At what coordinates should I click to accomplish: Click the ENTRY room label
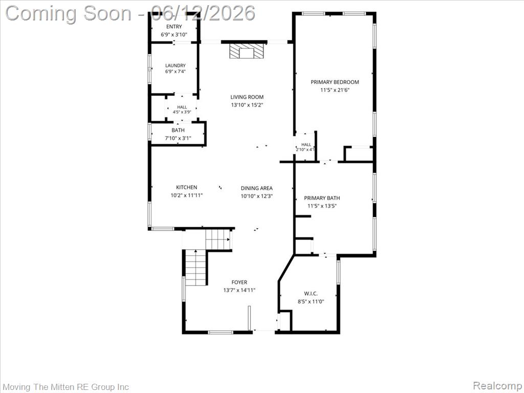(x=174, y=27)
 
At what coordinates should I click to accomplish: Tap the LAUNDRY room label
(x=175, y=65)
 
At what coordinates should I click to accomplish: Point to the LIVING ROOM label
(x=247, y=97)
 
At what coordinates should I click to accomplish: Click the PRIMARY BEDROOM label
(x=335, y=82)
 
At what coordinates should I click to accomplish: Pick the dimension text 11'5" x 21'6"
(x=335, y=90)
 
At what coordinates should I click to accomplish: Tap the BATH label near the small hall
(x=178, y=130)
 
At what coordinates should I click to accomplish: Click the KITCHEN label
(x=186, y=187)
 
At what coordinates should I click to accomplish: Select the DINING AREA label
(x=257, y=188)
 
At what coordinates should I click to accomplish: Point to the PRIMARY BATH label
(x=322, y=198)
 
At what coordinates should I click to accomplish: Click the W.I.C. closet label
(x=311, y=293)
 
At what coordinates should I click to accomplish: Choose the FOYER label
(x=239, y=282)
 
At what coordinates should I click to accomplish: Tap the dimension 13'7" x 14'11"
(x=239, y=290)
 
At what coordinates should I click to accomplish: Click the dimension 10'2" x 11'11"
(x=186, y=195)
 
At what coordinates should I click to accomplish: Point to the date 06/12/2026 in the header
(x=203, y=13)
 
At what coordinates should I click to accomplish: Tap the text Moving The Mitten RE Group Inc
(x=65, y=387)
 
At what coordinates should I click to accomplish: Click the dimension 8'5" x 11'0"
(x=311, y=301)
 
